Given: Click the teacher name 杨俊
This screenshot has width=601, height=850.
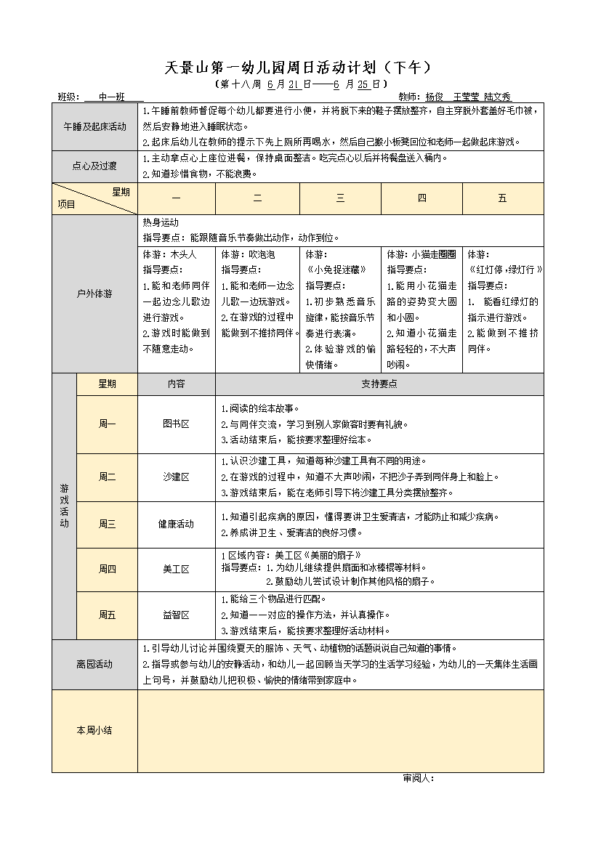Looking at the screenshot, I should click(x=435, y=97).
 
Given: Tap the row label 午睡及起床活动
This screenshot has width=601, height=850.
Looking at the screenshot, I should click(x=94, y=126).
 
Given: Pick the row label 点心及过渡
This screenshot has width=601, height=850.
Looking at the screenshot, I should click(x=94, y=166).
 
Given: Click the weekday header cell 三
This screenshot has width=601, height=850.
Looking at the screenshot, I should click(x=340, y=198).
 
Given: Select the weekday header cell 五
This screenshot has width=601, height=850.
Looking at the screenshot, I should click(x=502, y=198).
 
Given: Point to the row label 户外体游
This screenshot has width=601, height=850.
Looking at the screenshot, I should click(x=94, y=294).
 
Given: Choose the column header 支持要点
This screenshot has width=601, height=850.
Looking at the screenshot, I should click(x=379, y=384).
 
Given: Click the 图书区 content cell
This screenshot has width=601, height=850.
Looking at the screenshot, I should click(x=176, y=424).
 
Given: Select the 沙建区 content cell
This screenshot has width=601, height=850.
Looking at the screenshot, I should click(x=176, y=477).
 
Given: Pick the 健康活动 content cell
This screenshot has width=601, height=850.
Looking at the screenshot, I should click(x=176, y=524).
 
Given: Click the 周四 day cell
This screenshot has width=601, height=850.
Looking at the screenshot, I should click(x=107, y=569).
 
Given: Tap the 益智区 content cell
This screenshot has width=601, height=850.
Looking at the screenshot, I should click(x=176, y=615).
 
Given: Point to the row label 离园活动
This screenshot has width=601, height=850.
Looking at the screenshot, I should click(x=94, y=664).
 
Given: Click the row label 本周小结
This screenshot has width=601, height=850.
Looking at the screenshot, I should click(x=94, y=730).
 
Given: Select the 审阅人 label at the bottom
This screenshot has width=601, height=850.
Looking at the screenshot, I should click(x=418, y=778).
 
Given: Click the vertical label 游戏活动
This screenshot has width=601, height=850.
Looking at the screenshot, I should click(x=64, y=506).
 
